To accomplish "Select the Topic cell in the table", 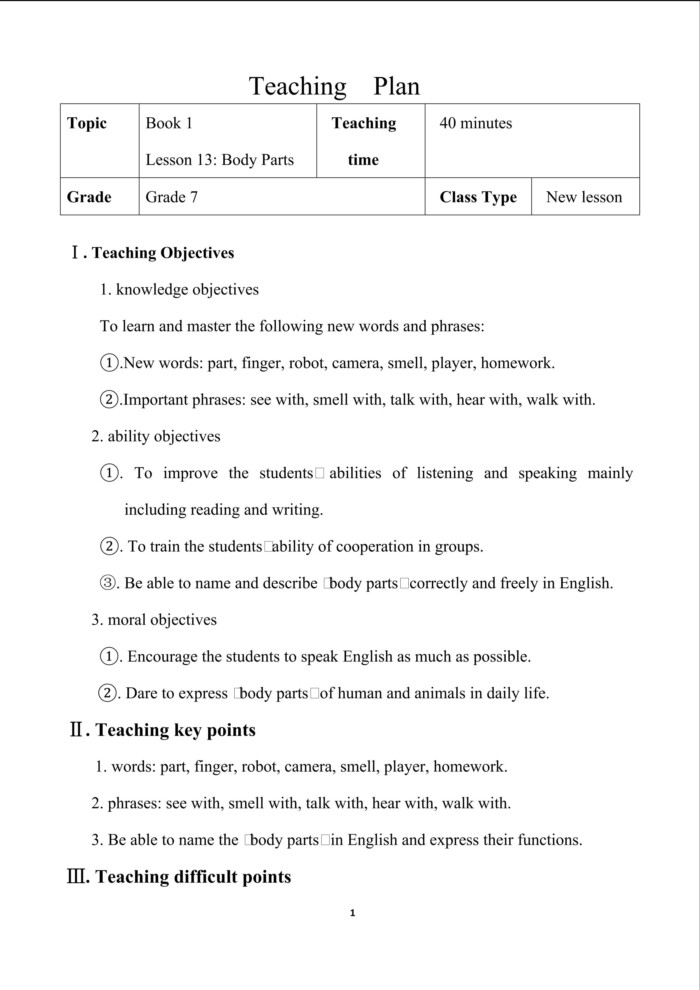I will tap(87, 123).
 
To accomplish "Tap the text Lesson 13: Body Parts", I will tap(219, 160).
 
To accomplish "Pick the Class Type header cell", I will tap(478, 197).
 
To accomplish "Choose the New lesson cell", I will tap(584, 197).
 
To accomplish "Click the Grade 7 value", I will tap(172, 197).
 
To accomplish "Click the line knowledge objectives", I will tap(187, 289).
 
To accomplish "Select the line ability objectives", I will tap(164, 436).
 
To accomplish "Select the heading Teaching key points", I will tap(175, 730).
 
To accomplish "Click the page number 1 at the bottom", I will tap(352, 913).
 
